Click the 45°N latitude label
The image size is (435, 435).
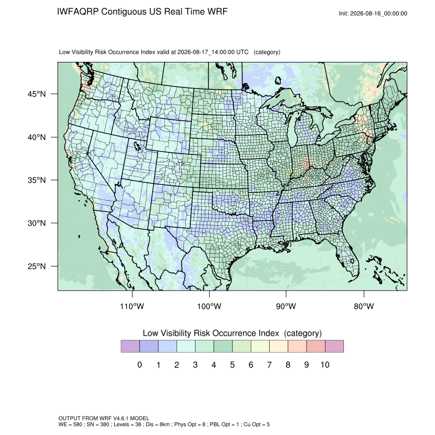(x=36, y=94)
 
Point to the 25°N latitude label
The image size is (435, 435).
(x=36, y=266)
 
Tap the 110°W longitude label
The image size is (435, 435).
(x=132, y=306)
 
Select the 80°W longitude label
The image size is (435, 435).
(x=364, y=306)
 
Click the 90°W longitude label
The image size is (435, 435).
(x=286, y=306)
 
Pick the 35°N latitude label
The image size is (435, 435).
(x=36, y=180)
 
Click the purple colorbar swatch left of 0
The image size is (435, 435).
(x=130, y=346)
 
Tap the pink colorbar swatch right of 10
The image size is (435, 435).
(x=334, y=346)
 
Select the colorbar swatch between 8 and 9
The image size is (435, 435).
(x=297, y=346)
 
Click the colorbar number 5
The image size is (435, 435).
(x=232, y=365)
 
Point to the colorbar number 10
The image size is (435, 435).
(x=325, y=365)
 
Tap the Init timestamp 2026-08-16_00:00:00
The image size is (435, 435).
(x=378, y=13)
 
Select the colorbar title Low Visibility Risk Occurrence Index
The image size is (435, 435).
(x=211, y=333)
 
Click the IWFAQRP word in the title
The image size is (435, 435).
(x=78, y=12)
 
